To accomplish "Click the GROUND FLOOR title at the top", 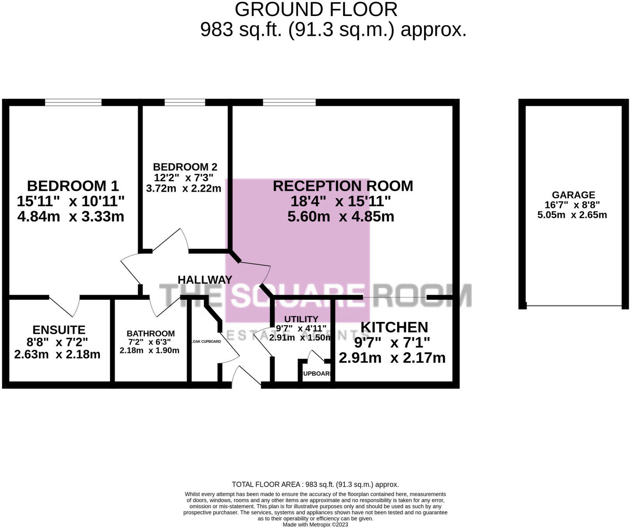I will click(316, 9).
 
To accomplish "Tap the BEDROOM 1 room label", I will click(73, 186).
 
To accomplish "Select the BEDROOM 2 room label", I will click(185, 167).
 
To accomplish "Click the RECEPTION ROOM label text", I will click(343, 186).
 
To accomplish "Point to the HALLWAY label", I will click(205, 279).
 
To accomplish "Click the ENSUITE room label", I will click(59, 330).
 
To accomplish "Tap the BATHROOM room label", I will click(150, 333).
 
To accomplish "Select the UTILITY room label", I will click(301, 319).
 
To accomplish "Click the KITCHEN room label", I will click(394, 327).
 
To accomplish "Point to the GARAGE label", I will click(573, 195).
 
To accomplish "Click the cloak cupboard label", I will click(206, 341).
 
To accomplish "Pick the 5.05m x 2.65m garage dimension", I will click(572, 215).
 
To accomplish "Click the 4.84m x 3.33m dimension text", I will click(71, 216).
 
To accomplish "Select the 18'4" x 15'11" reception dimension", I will click(340, 201).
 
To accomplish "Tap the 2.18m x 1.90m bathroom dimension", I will click(150, 350).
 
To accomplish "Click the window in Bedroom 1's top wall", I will click(73, 102).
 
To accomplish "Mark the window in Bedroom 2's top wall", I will click(185, 102).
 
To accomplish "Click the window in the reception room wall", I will click(289, 102).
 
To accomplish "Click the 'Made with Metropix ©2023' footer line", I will click(315, 524).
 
